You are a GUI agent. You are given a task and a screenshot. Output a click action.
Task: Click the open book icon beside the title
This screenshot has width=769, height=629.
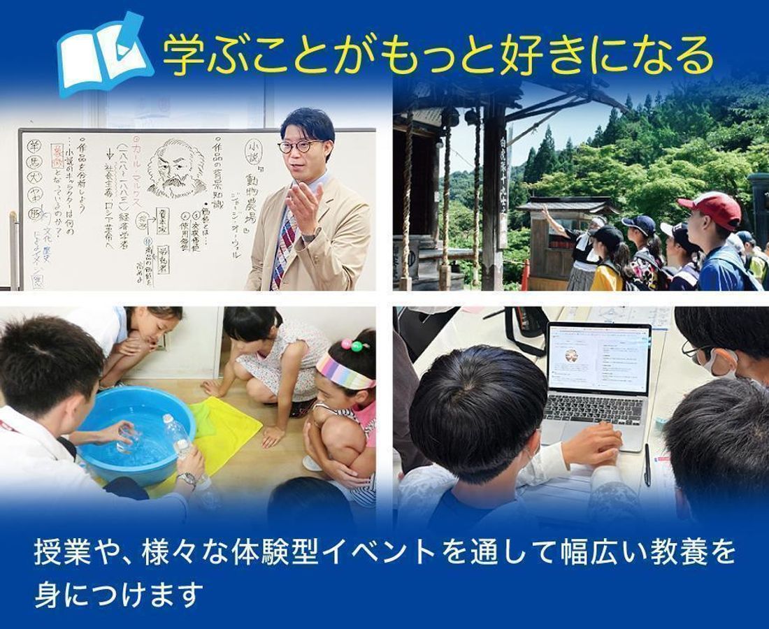pos(103,55)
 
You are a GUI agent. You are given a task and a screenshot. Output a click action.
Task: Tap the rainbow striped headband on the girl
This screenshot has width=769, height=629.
pos(344,372)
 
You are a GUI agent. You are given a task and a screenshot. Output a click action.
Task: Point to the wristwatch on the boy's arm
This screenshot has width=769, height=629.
pos(187,479)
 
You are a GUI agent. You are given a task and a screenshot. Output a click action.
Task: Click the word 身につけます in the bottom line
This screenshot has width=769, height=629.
pos(119,594)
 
